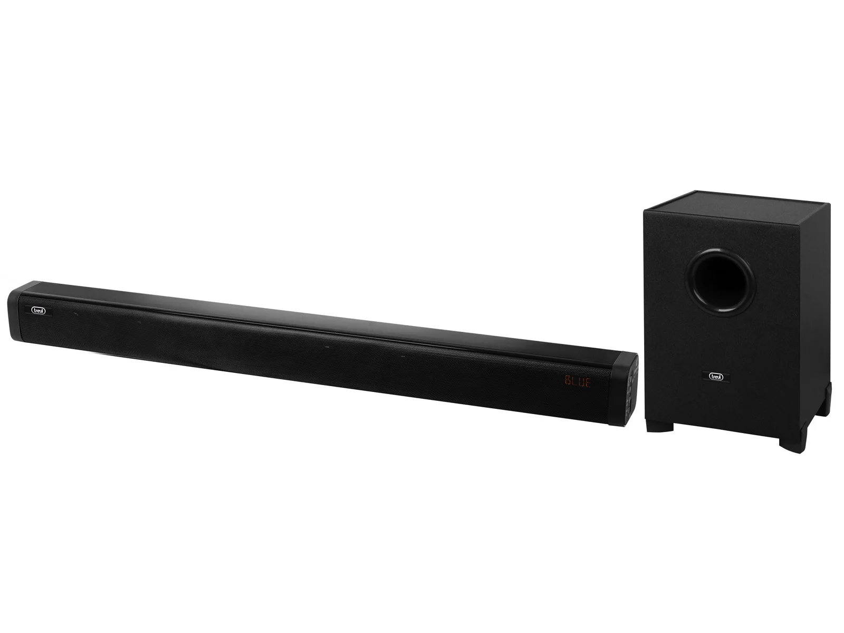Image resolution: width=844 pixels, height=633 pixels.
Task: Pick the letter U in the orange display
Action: [581, 382]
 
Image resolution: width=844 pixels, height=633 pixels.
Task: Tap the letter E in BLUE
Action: [588, 383]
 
